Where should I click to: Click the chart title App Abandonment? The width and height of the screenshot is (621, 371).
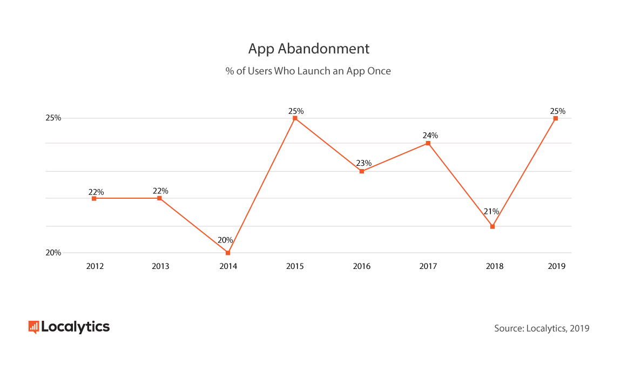point(309,49)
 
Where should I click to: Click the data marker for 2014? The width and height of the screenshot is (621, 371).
point(228,253)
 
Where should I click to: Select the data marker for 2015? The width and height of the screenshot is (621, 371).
point(295,118)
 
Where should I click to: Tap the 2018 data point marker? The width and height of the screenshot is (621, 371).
point(492,226)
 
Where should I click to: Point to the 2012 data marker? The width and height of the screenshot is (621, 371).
point(94,198)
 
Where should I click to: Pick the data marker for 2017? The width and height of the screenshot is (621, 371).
point(428,143)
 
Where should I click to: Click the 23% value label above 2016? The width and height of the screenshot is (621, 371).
point(363,163)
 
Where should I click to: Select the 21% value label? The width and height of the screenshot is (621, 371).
point(491,211)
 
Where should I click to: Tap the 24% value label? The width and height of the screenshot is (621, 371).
point(430,135)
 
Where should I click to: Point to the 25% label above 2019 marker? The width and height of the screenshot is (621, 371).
point(558,111)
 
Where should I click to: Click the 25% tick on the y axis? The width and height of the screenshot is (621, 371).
point(53,118)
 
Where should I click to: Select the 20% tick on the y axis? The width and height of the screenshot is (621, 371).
point(53,253)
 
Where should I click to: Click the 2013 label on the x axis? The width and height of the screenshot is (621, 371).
point(160,266)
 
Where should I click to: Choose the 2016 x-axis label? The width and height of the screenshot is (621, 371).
point(362,266)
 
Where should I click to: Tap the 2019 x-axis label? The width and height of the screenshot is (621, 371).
point(556,266)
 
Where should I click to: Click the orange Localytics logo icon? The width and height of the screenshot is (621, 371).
point(33,326)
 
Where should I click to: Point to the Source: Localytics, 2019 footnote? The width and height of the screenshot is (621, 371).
point(542,328)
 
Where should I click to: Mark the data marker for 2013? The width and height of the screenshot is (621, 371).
point(159,198)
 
